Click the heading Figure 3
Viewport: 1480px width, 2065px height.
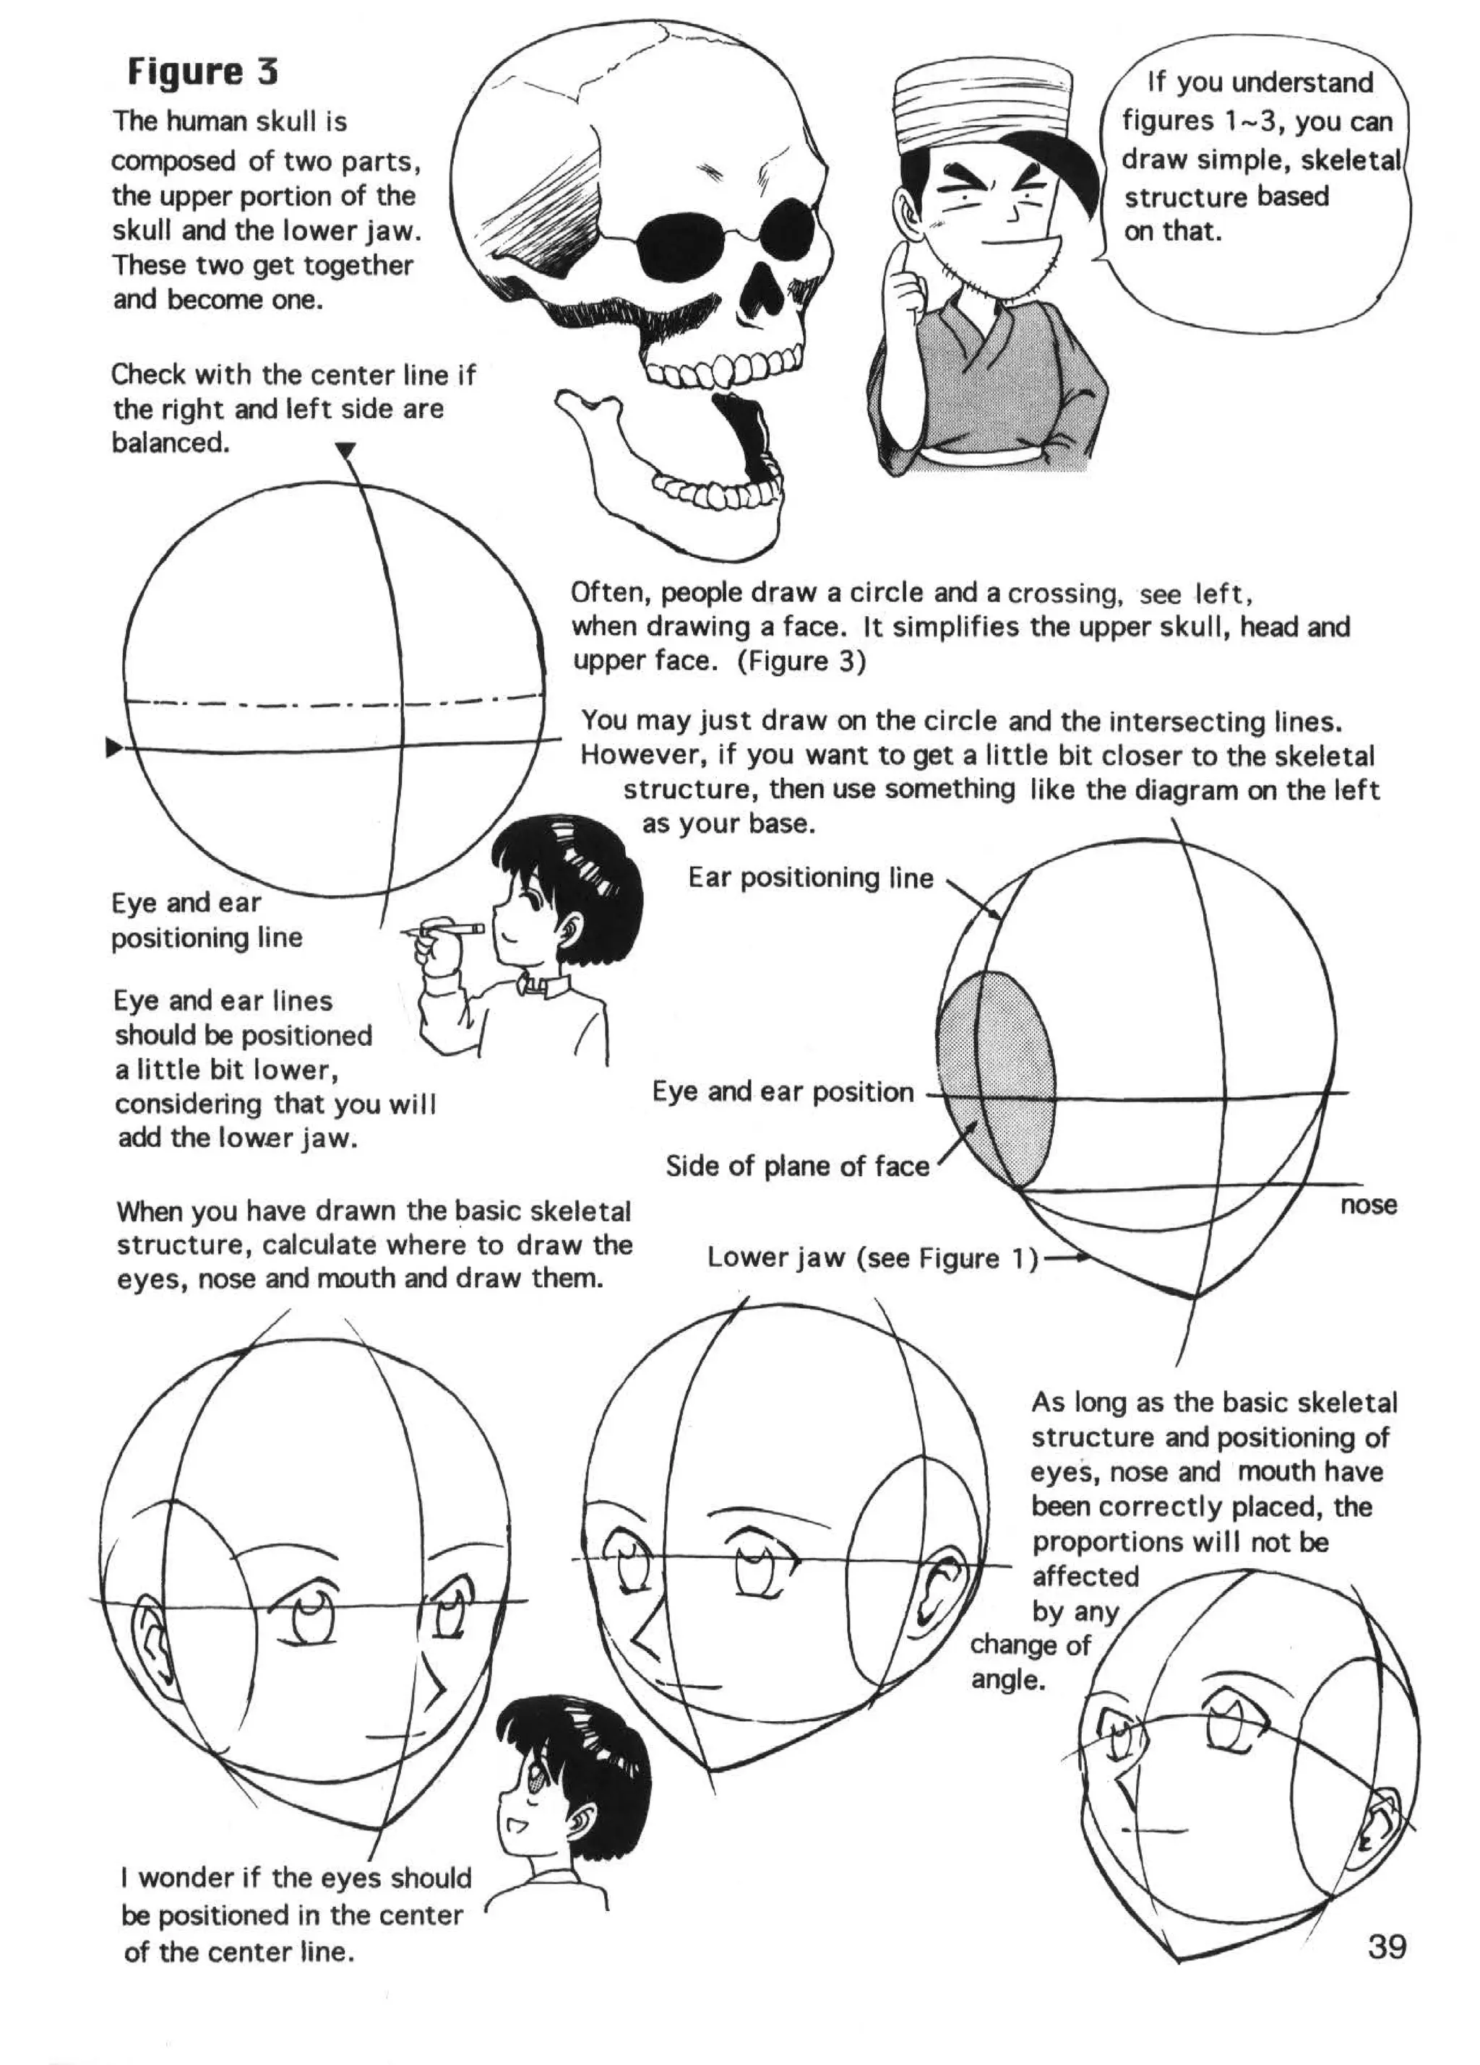(x=202, y=72)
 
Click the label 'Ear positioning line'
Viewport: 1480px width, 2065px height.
(x=811, y=878)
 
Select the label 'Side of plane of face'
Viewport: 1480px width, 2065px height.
(x=797, y=1166)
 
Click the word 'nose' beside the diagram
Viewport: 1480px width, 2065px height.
(x=1368, y=1205)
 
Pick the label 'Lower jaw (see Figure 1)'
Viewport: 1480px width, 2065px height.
(x=872, y=1258)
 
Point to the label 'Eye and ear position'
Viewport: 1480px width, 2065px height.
(x=783, y=1091)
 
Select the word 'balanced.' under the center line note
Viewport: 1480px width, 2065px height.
(x=169, y=443)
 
